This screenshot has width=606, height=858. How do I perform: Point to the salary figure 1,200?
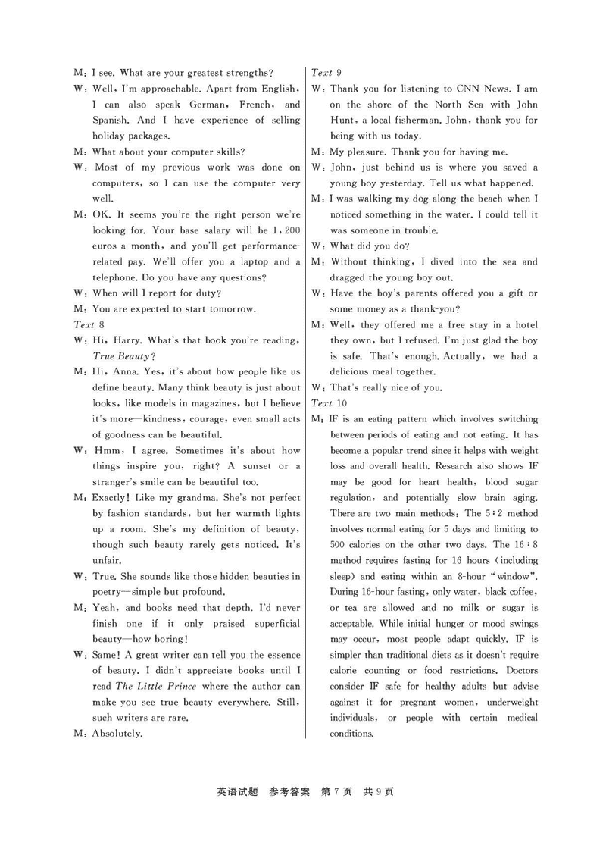coord(286,230)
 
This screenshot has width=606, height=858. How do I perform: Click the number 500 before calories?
coord(339,544)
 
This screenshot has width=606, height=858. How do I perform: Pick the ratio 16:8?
coord(523,544)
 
